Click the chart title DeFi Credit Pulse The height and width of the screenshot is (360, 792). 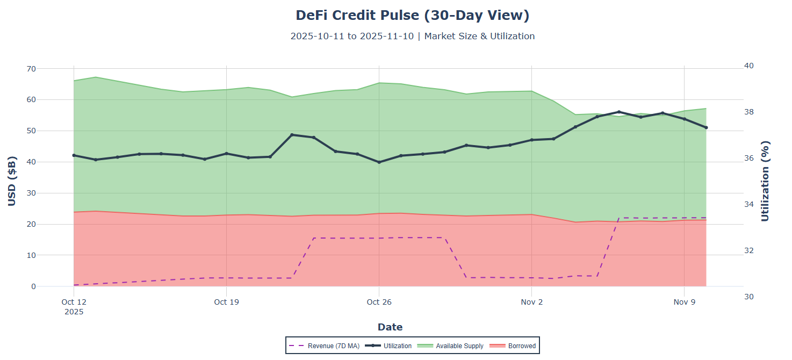(412, 16)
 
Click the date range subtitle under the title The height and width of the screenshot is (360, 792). (412, 37)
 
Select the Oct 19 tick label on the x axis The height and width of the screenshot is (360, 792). (226, 302)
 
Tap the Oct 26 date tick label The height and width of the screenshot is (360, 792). (379, 302)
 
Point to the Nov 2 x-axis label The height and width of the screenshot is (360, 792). (531, 302)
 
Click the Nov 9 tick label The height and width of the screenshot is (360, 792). (684, 302)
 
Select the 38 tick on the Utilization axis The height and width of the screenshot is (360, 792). (748, 112)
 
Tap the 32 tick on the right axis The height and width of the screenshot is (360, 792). (748, 250)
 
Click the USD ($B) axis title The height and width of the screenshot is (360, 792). (12, 181)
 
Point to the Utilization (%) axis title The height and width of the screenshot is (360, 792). (766, 181)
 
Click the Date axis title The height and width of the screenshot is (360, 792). (390, 327)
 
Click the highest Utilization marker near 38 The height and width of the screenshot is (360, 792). (619, 112)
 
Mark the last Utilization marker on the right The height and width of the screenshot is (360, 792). (706, 127)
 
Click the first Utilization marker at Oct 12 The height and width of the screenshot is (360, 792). (74, 155)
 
